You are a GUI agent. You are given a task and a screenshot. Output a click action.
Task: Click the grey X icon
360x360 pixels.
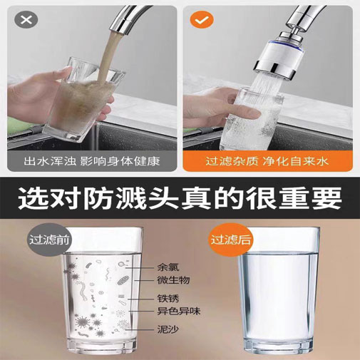[x=26, y=20]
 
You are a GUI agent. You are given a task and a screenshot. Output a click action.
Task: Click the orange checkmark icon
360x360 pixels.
[x=202, y=20]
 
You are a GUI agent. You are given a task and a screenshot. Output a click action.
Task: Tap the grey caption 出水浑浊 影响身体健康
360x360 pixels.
[x=92, y=161]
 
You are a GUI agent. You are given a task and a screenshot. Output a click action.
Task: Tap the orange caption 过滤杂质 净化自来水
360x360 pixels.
[x=267, y=161]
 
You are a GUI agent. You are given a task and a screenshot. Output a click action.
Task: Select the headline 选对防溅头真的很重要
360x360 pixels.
[x=180, y=198]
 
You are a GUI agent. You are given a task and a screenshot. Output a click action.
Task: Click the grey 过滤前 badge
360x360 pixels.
[x=49, y=240]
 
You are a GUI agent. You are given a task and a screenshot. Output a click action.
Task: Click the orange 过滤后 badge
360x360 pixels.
[x=230, y=240]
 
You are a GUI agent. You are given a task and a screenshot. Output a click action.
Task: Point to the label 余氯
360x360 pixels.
[x=168, y=267]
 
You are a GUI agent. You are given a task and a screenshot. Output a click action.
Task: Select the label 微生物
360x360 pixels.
[x=173, y=280]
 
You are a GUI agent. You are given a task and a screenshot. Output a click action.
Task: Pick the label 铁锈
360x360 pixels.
[x=168, y=299]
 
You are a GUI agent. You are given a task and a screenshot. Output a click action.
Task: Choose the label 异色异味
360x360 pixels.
[x=179, y=311]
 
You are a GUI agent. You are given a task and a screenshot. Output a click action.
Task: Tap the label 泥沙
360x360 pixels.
[x=168, y=329]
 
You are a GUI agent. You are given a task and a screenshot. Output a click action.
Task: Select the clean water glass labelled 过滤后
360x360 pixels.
[x=279, y=290]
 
